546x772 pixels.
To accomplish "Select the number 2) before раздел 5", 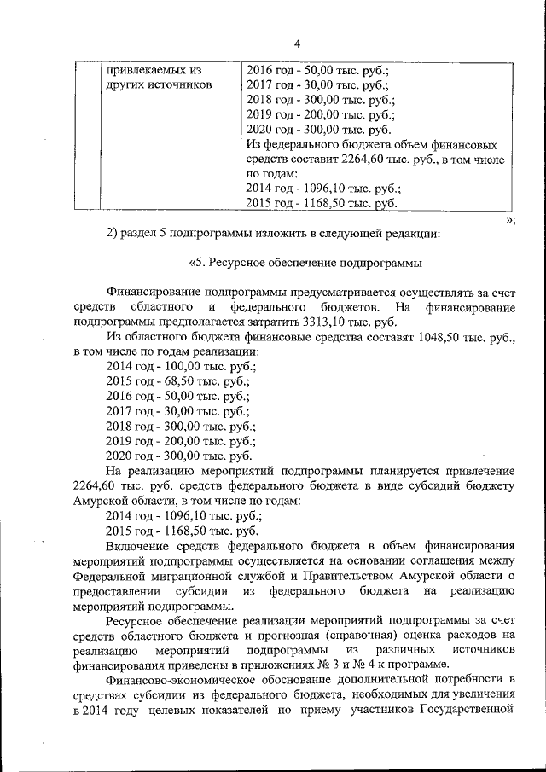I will pos(111,232).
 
